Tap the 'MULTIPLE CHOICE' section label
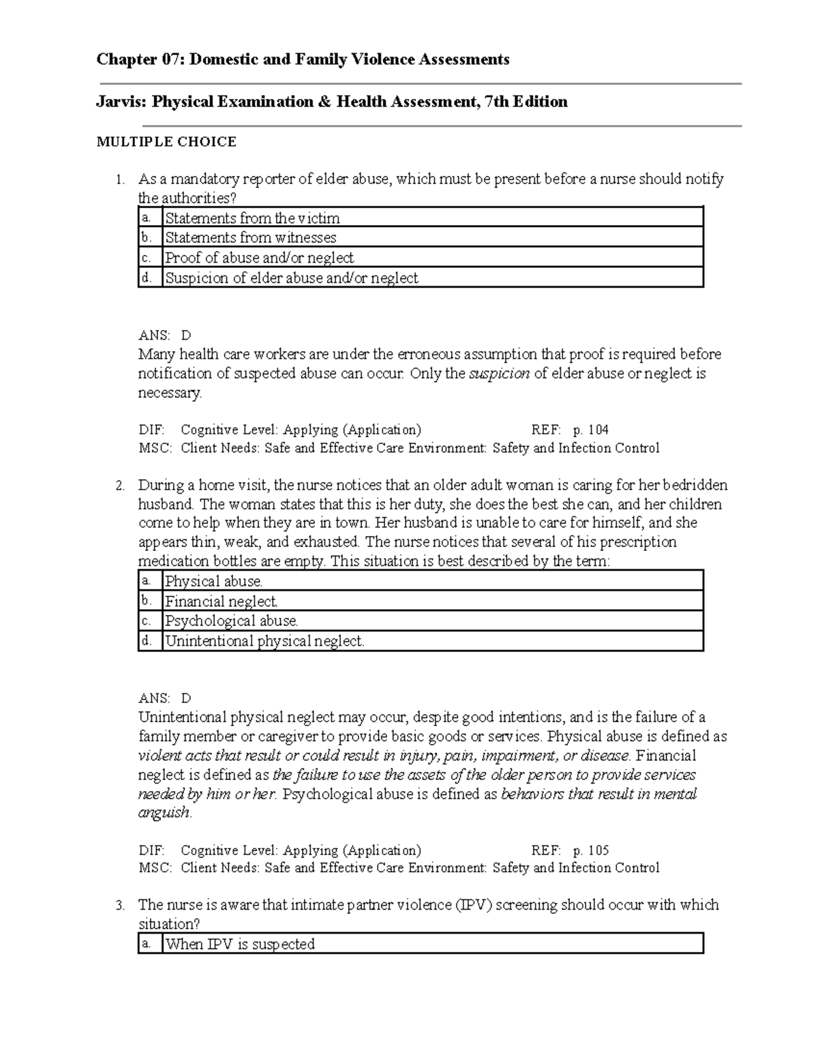166,142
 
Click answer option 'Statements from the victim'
252,218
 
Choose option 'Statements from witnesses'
251,238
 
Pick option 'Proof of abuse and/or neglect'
259,258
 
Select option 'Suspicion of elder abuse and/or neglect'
292,278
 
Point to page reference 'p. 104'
590,430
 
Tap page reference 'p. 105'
590,850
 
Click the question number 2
120,486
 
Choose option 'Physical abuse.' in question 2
214,582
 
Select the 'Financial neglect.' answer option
222,601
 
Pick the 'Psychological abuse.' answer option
232,621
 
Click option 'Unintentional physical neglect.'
265,641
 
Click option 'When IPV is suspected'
240,944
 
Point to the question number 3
120,906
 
